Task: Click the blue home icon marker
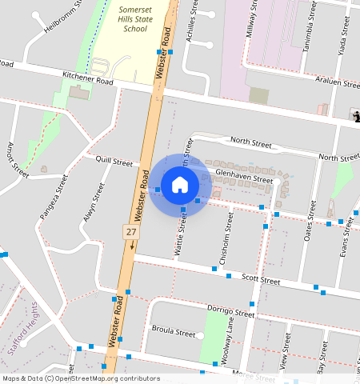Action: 180,185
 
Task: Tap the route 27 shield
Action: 130,231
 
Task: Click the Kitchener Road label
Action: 88,80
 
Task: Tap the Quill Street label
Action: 113,162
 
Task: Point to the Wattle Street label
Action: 181,235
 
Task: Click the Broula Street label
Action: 174,331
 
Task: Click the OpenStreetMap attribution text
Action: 81,378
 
